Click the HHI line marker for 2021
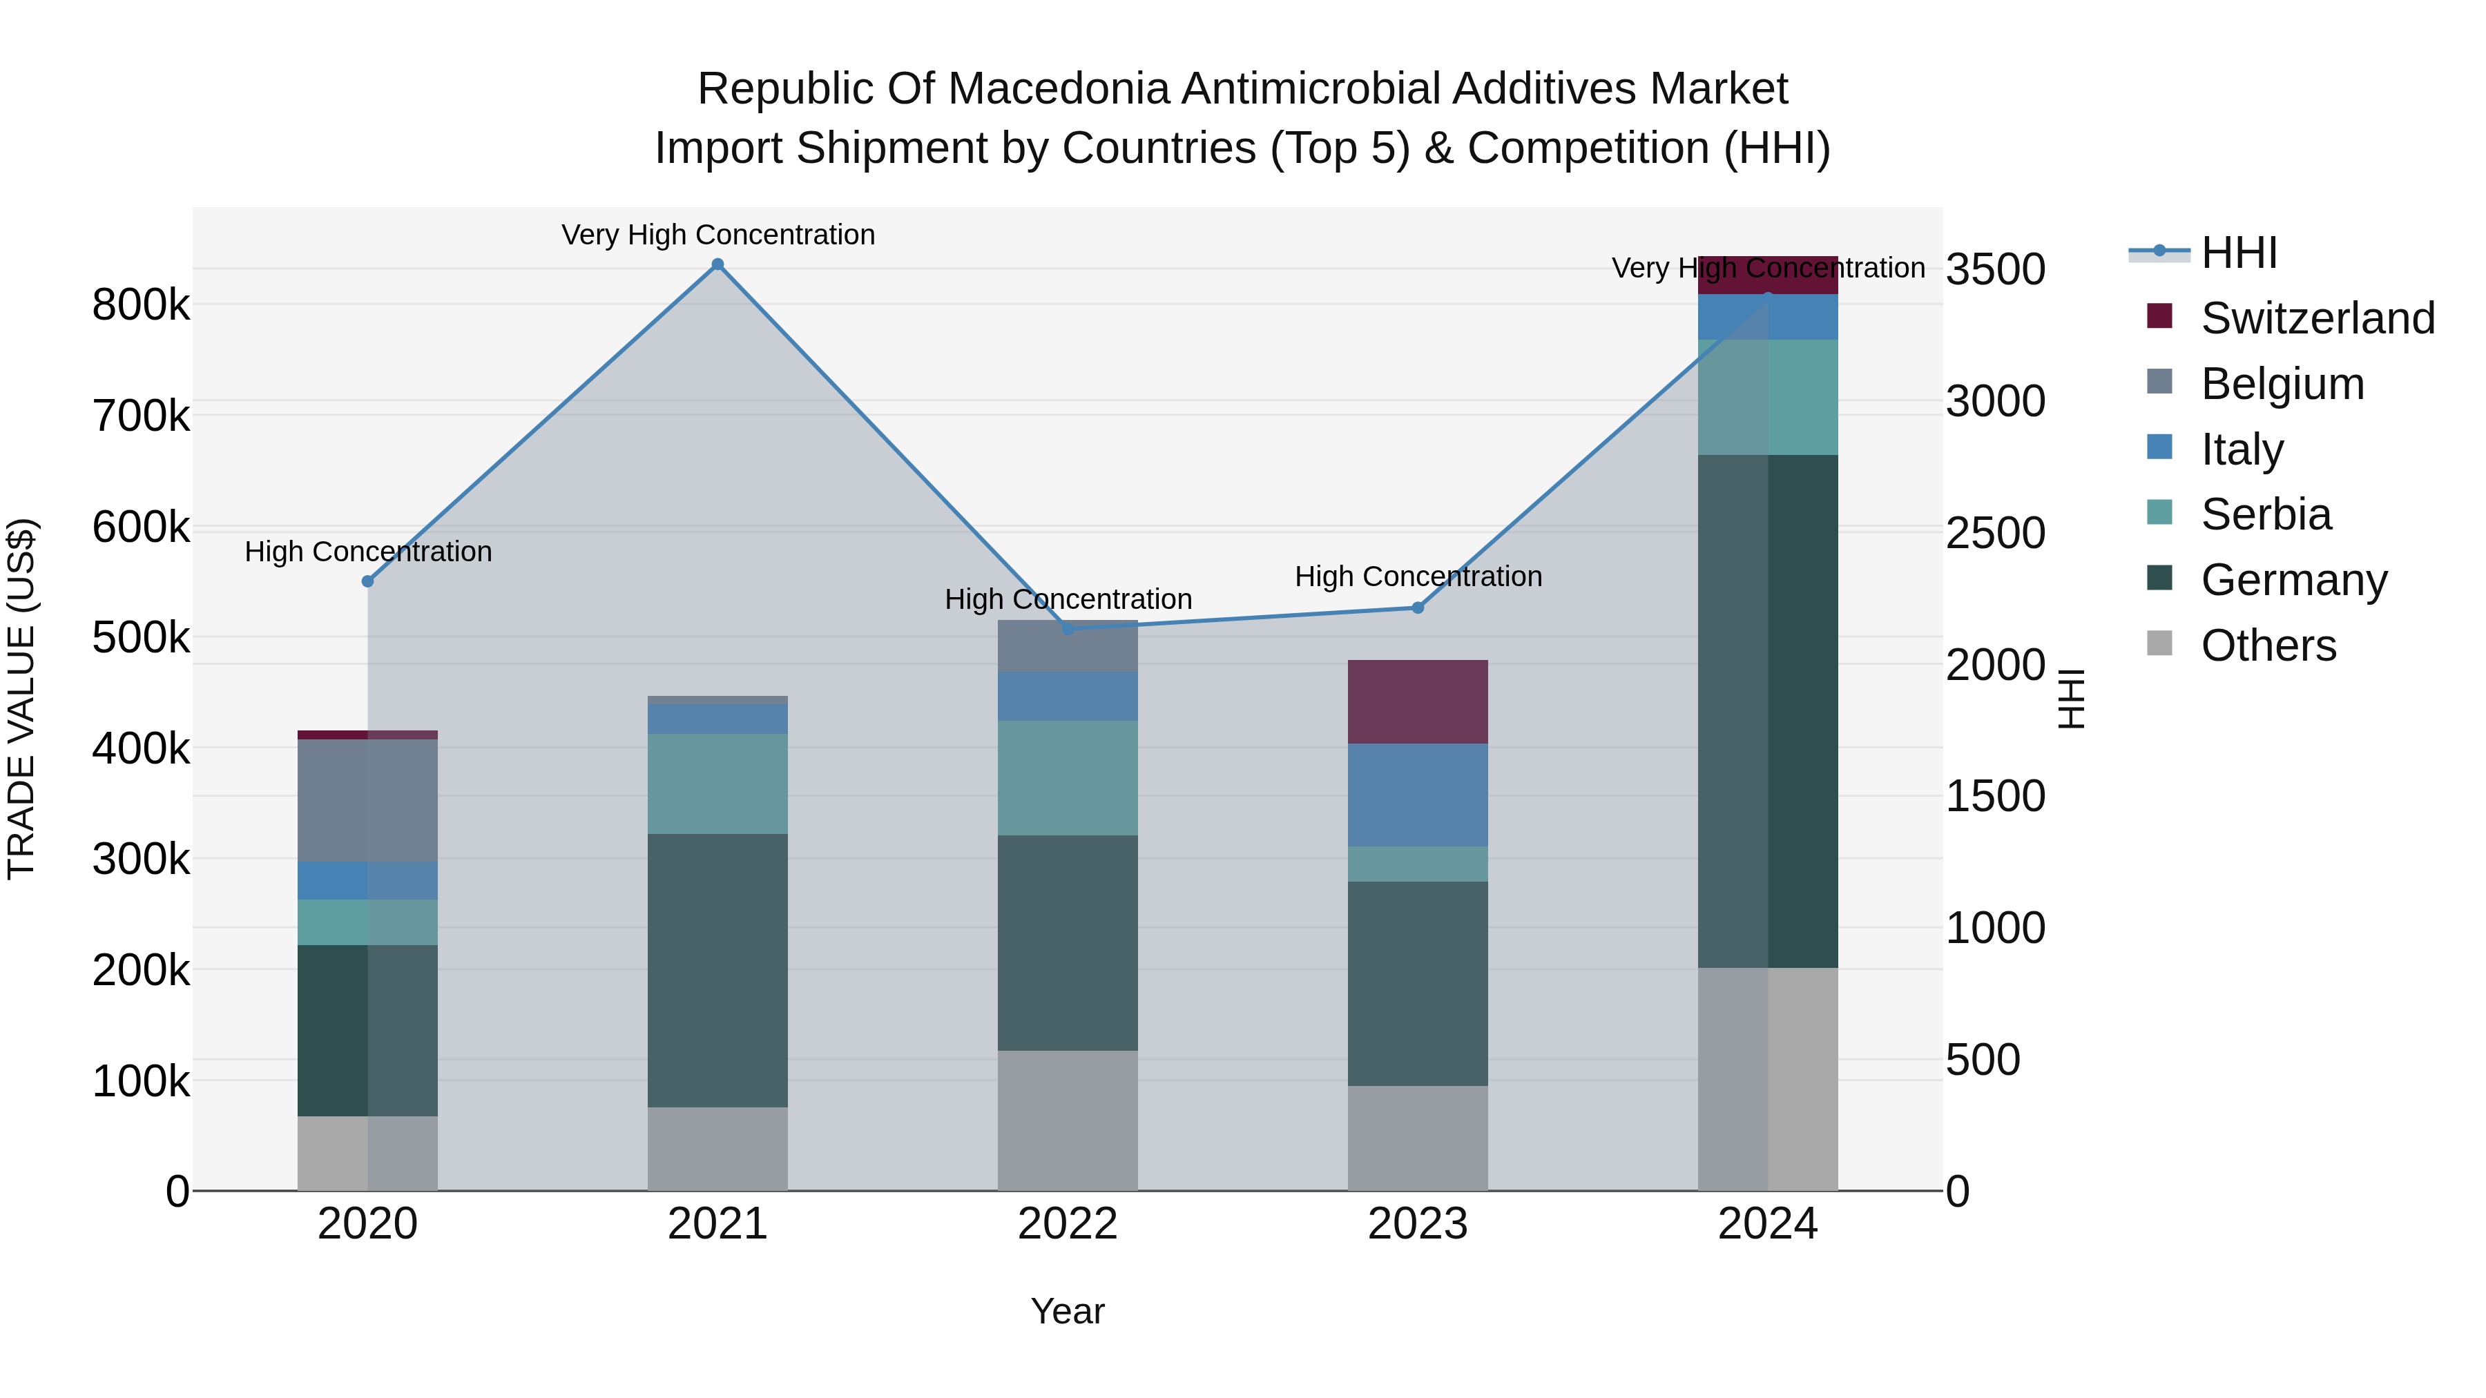click(717, 264)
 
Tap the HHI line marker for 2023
click(1418, 608)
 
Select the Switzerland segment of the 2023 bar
click(1418, 701)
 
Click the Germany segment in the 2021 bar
click(717, 970)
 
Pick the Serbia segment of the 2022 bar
click(1068, 777)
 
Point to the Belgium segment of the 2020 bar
click(367, 800)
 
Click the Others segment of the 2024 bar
click(1768, 1078)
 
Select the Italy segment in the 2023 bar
click(1418, 795)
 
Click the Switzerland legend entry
click(2317, 318)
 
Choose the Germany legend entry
click(2293, 580)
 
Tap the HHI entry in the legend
click(2238, 253)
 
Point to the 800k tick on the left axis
click(141, 305)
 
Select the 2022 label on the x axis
click(1068, 1224)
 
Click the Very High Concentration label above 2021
click(718, 235)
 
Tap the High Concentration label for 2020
click(367, 552)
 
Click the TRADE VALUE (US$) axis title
click(21, 699)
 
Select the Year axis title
click(1068, 1311)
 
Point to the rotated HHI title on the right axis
click(2071, 699)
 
